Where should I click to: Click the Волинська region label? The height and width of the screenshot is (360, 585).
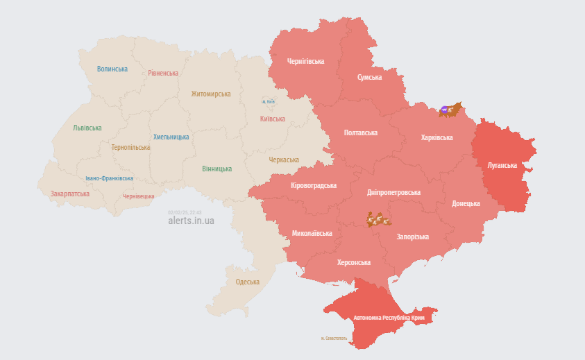(112, 69)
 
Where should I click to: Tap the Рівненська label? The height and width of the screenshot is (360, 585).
(163, 73)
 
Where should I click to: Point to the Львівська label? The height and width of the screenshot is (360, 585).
(87, 128)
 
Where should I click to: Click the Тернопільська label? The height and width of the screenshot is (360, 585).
(130, 147)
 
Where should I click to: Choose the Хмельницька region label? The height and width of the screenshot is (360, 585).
(171, 137)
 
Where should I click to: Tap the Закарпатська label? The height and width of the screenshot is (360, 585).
(69, 194)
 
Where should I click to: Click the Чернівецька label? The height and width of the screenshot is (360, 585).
(138, 196)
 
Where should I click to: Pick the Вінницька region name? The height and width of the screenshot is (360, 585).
(217, 169)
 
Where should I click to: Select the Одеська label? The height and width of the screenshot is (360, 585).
(248, 282)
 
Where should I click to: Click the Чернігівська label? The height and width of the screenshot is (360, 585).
(306, 61)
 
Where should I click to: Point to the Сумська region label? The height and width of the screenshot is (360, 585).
(370, 77)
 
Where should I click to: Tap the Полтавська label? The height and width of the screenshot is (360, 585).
(360, 132)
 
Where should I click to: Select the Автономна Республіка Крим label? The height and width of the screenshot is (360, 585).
(389, 318)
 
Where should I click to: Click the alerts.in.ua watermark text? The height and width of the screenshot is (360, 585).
(192, 221)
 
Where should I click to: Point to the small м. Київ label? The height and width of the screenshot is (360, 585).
(269, 102)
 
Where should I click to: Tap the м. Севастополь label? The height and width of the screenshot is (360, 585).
(334, 338)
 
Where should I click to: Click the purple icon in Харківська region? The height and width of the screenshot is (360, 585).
(444, 109)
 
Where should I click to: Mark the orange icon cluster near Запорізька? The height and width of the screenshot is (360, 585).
(379, 221)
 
